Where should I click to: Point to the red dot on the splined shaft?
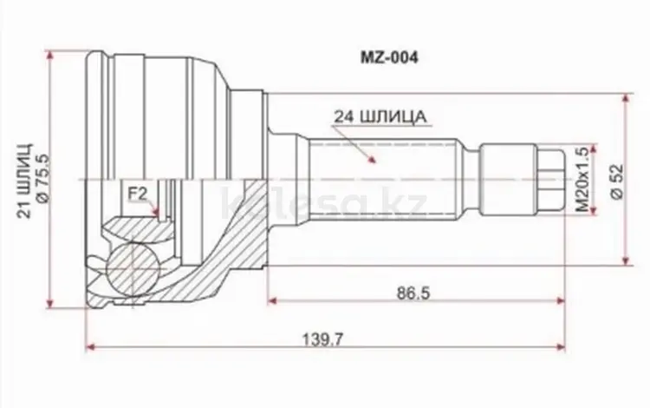[374, 159]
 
